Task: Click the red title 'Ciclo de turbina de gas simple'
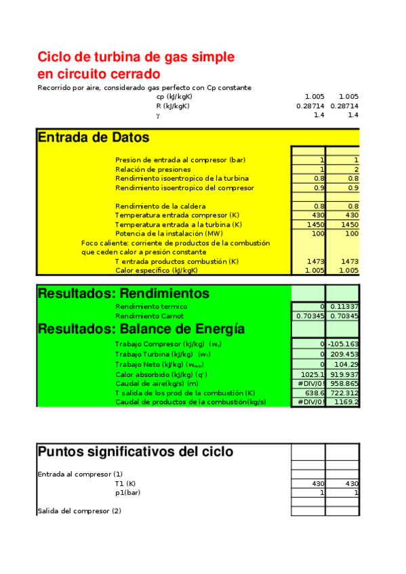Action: (136, 56)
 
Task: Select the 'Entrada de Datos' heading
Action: (94, 137)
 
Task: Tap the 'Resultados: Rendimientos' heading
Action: (123, 294)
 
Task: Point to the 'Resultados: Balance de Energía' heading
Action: (141, 329)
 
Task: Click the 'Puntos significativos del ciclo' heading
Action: (136, 451)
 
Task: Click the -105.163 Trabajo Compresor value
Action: (343, 344)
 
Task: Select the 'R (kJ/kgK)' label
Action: (173, 106)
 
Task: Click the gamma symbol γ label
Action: (158, 116)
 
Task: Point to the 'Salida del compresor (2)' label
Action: (79, 511)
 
